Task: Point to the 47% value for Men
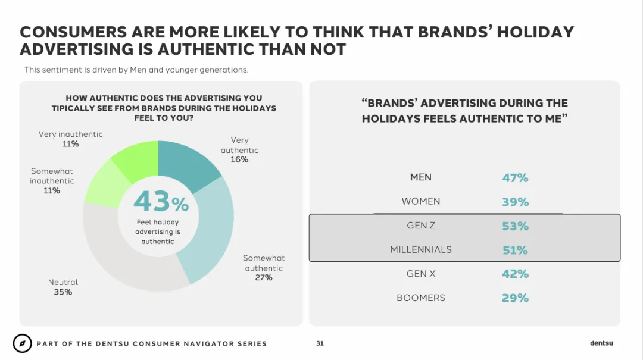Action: (x=515, y=177)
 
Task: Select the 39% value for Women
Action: (x=515, y=202)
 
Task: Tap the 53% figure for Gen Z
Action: (x=515, y=226)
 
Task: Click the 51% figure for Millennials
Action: (x=515, y=250)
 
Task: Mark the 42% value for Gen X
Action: (x=515, y=274)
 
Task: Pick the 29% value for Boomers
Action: (x=515, y=298)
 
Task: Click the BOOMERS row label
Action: (x=421, y=298)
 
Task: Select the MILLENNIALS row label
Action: (x=421, y=249)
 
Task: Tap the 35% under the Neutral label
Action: (x=63, y=292)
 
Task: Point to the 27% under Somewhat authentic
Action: (x=264, y=277)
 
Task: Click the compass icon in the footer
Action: (x=22, y=343)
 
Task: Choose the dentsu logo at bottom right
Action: (x=601, y=343)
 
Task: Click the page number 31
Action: (x=320, y=343)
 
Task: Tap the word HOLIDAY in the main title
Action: (x=535, y=32)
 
